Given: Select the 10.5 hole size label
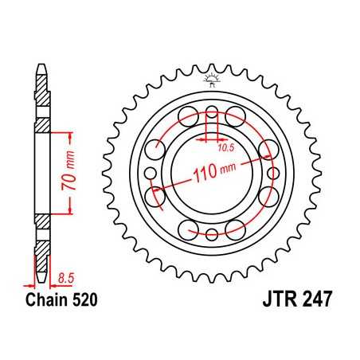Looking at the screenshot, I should click(x=227, y=146).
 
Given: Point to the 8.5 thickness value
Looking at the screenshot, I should click(x=67, y=276).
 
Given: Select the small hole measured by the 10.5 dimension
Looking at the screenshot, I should click(x=212, y=112).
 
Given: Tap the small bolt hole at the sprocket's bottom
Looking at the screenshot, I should click(x=212, y=233).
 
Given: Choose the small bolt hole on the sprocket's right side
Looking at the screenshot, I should click(x=273, y=173).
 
